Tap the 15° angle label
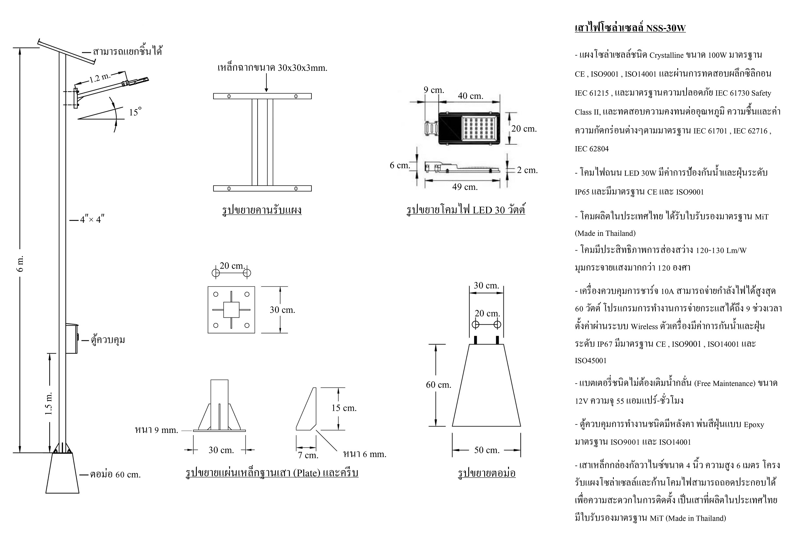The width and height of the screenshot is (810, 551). [x=135, y=112]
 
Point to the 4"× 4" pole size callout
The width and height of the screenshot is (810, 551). [x=92, y=220]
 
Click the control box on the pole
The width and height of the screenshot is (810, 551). [x=72, y=339]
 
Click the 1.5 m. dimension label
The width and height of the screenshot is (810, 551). [x=49, y=403]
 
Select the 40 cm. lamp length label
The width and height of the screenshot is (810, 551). [x=470, y=96]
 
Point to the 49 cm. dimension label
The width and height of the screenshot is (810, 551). [x=465, y=187]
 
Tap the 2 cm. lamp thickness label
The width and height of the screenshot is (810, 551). [x=527, y=170]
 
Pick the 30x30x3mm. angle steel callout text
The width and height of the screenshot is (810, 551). [x=272, y=68]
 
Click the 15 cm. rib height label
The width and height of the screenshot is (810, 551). [x=344, y=408]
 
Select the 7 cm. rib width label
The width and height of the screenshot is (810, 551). [x=308, y=455]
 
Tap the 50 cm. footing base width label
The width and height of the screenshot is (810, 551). [x=486, y=450]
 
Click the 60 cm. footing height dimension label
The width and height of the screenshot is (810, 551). [x=438, y=385]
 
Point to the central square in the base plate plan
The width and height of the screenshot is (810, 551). [x=231, y=310]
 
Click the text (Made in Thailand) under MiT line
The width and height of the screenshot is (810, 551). [x=605, y=233]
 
